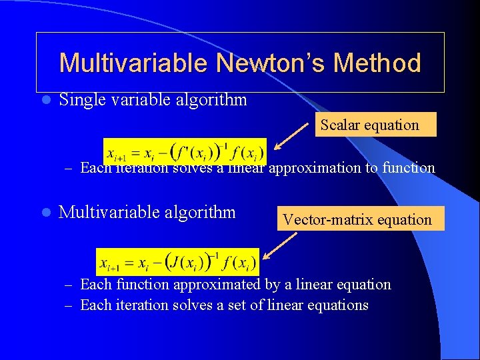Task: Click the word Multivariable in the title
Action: [133, 63]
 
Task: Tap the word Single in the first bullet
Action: [81, 100]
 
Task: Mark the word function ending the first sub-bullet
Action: [408, 167]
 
